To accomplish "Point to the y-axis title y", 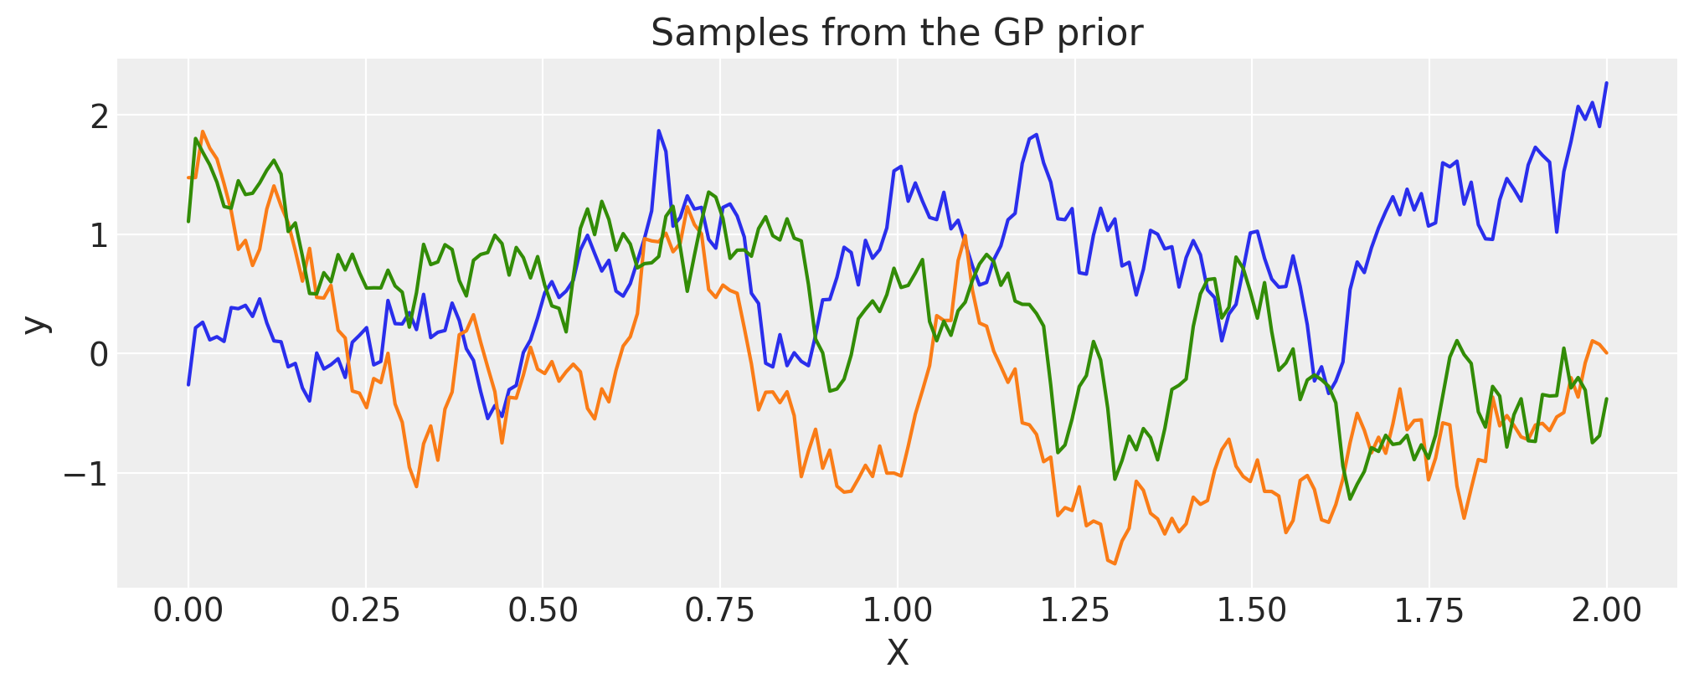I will pyautogui.click(x=35, y=324).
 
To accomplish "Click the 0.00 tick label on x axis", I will pyautogui.click(x=188, y=610).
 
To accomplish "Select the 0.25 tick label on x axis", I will pyautogui.click(x=365, y=610).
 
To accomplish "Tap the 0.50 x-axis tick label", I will pyautogui.click(x=543, y=610).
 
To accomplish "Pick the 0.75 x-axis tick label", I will pyautogui.click(x=719, y=610).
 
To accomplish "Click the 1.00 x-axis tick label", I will pyautogui.click(x=897, y=610).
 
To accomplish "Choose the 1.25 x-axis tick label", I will pyautogui.click(x=1074, y=610).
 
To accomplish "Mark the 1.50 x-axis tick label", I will pyautogui.click(x=1251, y=610).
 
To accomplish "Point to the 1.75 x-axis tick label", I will pyautogui.click(x=1429, y=610).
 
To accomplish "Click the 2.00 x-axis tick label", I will pyautogui.click(x=1605, y=610).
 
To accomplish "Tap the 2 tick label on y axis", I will pyautogui.click(x=100, y=117).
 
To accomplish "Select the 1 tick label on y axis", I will pyautogui.click(x=100, y=236).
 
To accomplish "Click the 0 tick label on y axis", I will pyautogui.click(x=100, y=355).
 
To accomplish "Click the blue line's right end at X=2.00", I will pyautogui.click(x=1606, y=83).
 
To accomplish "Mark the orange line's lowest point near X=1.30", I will pyautogui.click(x=1115, y=563).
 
